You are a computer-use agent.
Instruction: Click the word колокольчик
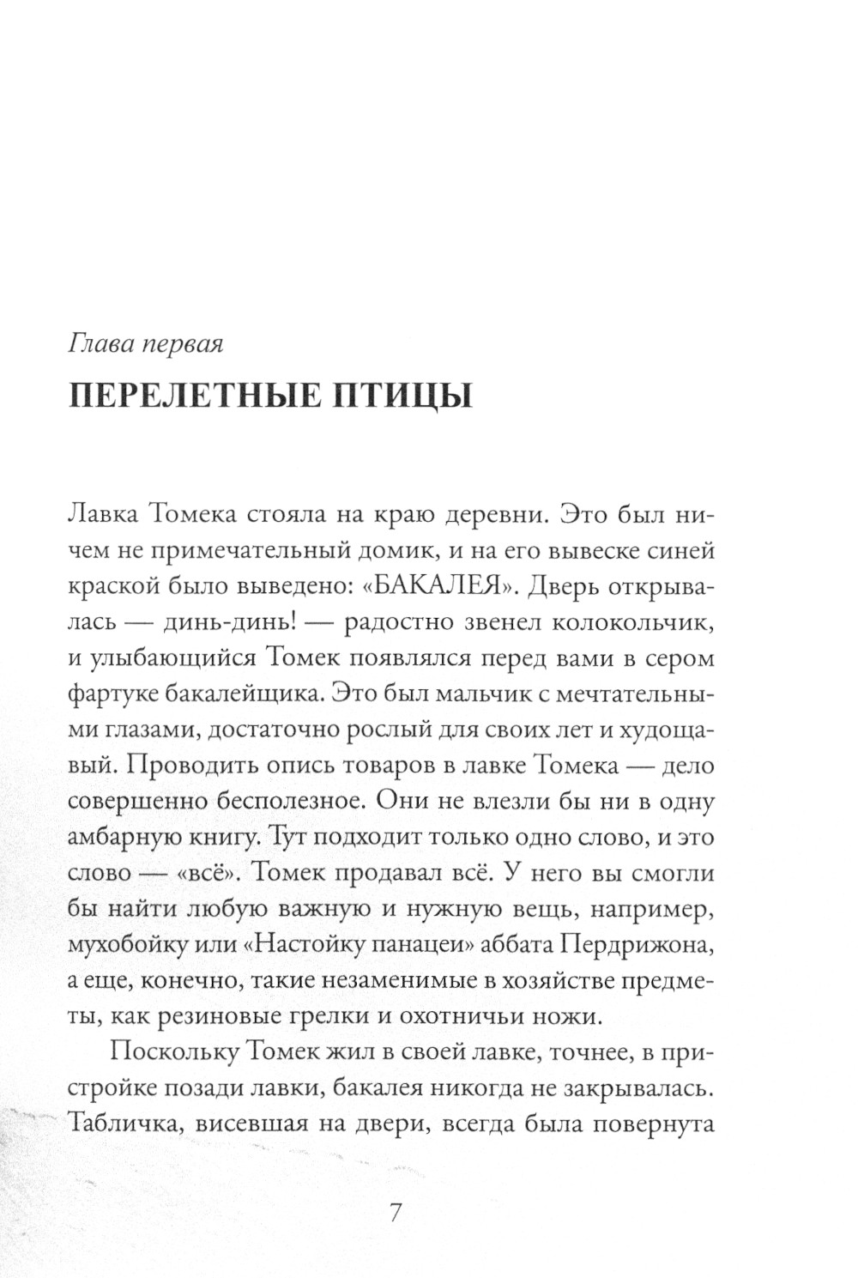click(x=630, y=623)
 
